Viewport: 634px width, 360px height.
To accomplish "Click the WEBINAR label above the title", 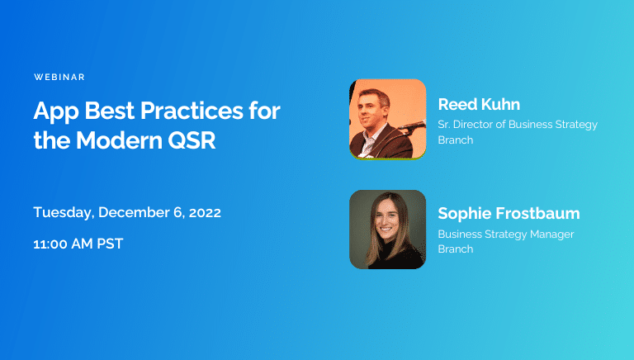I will pyautogui.click(x=59, y=77).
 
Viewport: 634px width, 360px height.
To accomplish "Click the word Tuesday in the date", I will pyautogui.click(x=63, y=212).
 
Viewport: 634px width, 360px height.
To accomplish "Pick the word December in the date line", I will pyautogui.click(x=130, y=212).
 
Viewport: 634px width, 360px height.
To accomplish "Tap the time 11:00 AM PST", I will pyautogui.click(x=78, y=244).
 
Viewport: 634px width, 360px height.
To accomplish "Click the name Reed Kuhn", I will pyautogui.click(x=480, y=104).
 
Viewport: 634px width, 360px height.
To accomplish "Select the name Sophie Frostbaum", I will pyautogui.click(x=509, y=214).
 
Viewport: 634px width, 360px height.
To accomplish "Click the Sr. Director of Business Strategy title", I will pyautogui.click(x=518, y=125).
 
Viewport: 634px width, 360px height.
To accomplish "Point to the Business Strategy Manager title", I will pyautogui.click(x=505, y=234).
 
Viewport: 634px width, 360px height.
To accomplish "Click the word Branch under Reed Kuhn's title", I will pyautogui.click(x=456, y=140).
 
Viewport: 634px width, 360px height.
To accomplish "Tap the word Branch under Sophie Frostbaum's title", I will pyautogui.click(x=456, y=249).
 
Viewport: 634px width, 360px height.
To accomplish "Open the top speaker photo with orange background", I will pyautogui.click(x=387, y=119).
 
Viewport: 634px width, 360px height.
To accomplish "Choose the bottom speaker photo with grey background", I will pyautogui.click(x=387, y=230).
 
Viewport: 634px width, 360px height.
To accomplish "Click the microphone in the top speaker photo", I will pyautogui.click(x=413, y=126).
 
